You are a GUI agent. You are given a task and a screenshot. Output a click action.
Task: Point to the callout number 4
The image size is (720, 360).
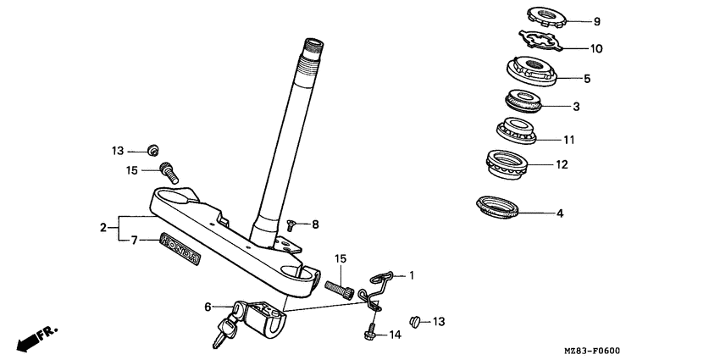click(x=560, y=213)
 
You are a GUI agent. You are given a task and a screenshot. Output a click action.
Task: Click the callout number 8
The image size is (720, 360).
click(x=315, y=224)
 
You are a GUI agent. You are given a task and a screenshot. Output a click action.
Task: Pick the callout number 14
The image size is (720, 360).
click(x=395, y=335)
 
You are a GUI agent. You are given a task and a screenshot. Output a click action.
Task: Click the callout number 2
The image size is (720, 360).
click(x=103, y=227)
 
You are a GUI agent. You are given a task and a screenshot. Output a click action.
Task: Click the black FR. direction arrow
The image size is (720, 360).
click(x=30, y=341)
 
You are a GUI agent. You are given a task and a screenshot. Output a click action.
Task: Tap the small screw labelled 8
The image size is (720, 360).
click(x=291, y=224)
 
